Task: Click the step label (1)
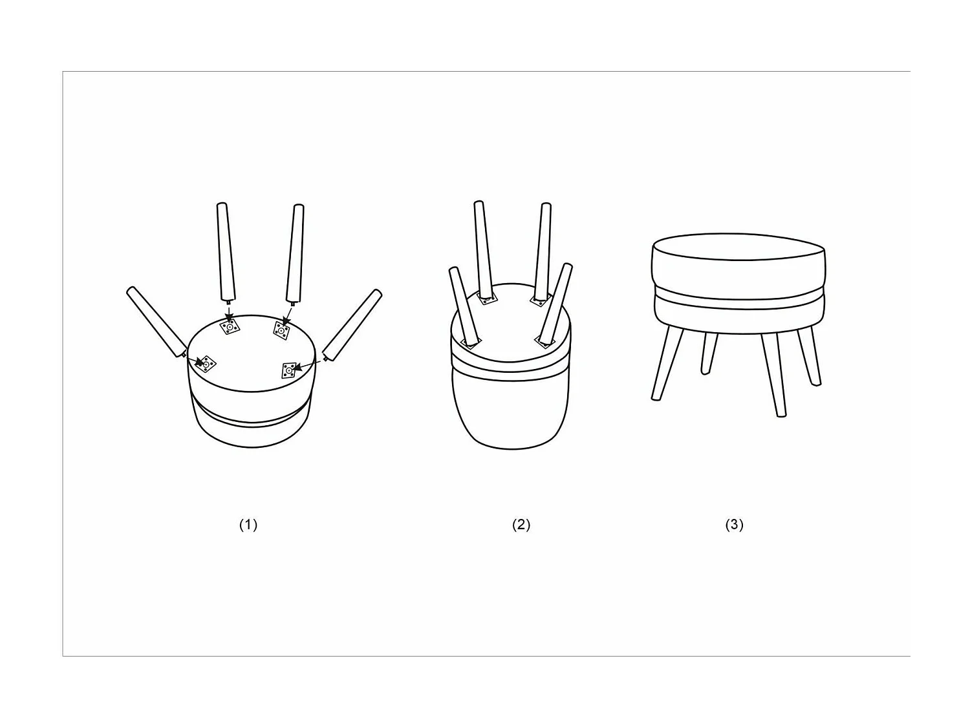248,525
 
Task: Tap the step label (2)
521,525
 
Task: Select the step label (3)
735,525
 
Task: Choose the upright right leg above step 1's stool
296,253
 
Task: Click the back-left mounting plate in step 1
230,327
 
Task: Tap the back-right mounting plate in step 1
281,332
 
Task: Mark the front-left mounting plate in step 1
206,364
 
